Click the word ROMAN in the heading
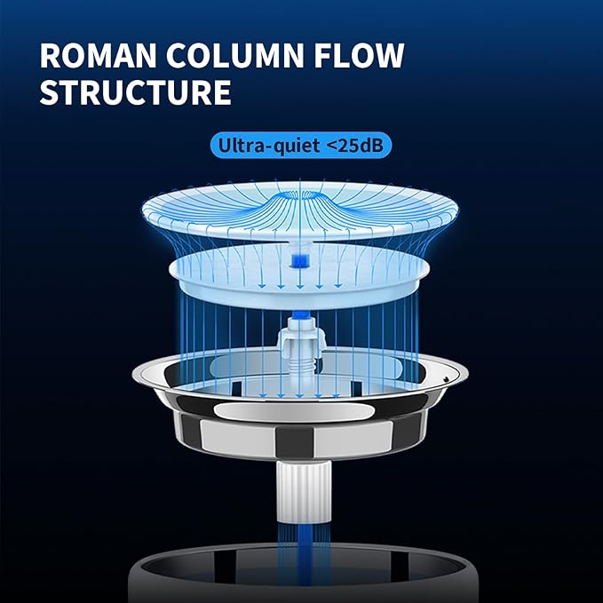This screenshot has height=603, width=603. coord(98,55)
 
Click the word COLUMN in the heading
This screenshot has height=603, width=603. coord(235,55)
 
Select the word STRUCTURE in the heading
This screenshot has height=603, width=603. coord(135,91)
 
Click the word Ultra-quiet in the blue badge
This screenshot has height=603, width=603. coord(268,146)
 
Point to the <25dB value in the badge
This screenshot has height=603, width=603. coord(355,146)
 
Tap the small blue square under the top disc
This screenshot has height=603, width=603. coord(300,260)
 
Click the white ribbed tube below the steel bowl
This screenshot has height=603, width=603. coord(304,492)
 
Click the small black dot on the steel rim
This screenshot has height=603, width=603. coord(446,379)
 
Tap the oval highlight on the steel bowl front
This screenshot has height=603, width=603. coord(294,410)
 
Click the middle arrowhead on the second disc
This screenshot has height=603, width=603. coord(300,286)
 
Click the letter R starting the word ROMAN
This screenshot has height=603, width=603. coord(51,55)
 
